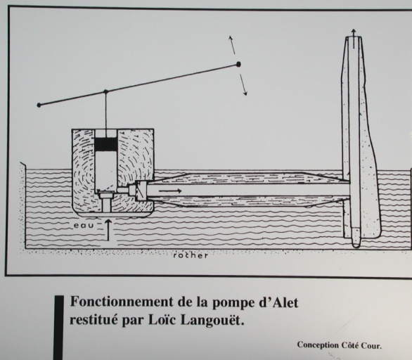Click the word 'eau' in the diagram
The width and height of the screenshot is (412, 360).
pyautogui.click(x=84, y=226)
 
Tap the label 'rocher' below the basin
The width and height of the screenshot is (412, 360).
pyautogui.click(x=191, y=255)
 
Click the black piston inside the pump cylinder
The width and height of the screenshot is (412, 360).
pyautogui.click(x=106, y=144)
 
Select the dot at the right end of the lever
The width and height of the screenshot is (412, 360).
pyautogui.click(x=238, y=64)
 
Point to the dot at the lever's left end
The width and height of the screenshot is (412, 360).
pyautogui.click(x=39, y=105)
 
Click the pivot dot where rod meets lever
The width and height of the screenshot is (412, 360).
pyautogui.click(x=105, y=91)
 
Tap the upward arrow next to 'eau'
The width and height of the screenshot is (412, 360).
pyautogui.click(x=108, y=230)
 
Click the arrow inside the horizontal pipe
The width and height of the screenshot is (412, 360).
pyautogui.click(x=170, y=191)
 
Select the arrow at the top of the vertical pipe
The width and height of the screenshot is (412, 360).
pyautogui.click(x=354, y=39)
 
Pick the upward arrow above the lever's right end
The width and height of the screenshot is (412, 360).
pyautogui.click(x=231, y=45)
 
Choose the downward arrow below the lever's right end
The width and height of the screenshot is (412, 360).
pyautogui.click(x=243, y=84)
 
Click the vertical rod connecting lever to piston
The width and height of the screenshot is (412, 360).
pyautogui.click(x=106, y=111)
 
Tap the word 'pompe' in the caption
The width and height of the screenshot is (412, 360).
pyautogui.click(x=229, y=303)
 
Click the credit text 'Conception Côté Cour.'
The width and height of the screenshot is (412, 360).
pyautogui.click(x=340, y=345)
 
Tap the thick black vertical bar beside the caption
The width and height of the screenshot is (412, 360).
pyautogui.click(x=58, y=328)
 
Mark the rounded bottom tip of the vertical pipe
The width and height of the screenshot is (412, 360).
pyautogui.click(x=356, y=245)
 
